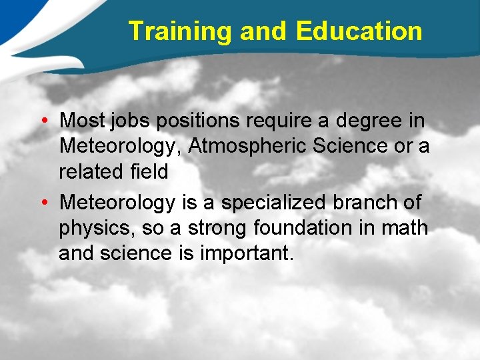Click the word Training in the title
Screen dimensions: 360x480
(179, 31)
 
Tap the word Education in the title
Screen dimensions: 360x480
(359, 31)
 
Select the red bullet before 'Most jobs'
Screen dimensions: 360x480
(42, 121)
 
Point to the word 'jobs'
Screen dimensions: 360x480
(126, 121)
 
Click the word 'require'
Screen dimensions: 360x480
(277, 121)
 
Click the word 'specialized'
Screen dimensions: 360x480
(283, 202)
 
